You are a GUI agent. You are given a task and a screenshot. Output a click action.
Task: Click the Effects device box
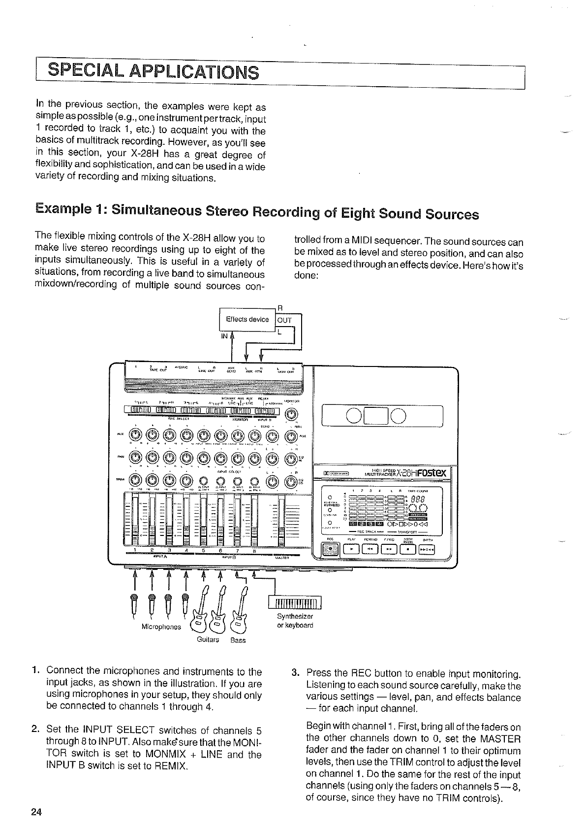[x=247, y=319]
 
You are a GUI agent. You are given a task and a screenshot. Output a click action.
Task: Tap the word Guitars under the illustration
[x=208, y=639]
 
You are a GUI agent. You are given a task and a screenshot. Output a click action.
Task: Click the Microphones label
[x=161, y=627]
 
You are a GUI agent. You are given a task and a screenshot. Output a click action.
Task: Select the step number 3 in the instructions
[x=295, y=673]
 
